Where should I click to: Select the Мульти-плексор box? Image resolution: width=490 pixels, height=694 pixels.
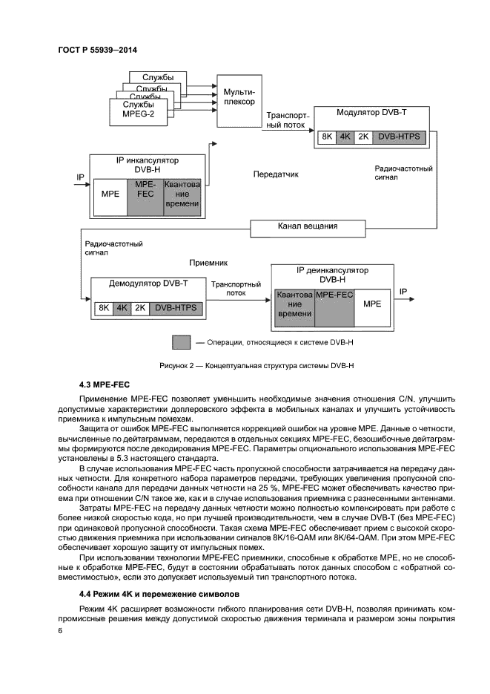click(239, 96)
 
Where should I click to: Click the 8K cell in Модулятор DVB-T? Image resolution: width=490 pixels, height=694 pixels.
click(326, 137)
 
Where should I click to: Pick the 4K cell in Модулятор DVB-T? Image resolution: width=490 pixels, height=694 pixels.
click(345, 137)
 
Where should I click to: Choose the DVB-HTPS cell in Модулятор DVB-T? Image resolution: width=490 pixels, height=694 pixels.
click(398, 137)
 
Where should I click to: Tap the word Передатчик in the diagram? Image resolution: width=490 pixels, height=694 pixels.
click(276, 174)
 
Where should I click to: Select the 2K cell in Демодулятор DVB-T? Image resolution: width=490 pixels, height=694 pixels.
click(140, 307)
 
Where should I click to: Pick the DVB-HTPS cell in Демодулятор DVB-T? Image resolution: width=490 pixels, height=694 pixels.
click(176, 307)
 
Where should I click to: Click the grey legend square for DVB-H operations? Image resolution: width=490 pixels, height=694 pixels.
click(182, 342)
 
